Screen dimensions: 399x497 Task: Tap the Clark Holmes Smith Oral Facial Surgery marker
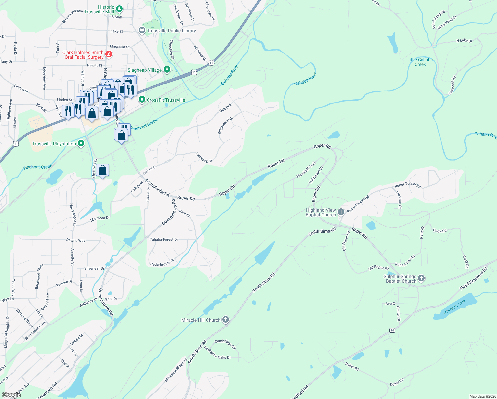tap(108, 54)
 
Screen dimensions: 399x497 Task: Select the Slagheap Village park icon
tap(167, 70)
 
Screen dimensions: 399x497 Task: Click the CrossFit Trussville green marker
tap(142, 100)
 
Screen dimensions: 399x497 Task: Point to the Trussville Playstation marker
tap(81, 143)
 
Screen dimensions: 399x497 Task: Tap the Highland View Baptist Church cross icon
tap(341, 212)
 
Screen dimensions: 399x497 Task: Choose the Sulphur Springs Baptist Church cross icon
tap(421, 278)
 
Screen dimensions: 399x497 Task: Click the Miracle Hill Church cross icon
tap(226, 320)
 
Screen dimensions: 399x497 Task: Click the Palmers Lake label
tap(455, 306)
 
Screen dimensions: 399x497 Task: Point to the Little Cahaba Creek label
tap(420, 62)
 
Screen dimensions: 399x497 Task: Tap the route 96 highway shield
tap(393, 330)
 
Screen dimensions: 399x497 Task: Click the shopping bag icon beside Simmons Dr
tap(103, 171)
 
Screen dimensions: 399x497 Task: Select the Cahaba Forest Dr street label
tap(164, 239)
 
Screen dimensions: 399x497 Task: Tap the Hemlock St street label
tap(204, 158)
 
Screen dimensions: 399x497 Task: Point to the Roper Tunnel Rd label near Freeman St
tap(408, 186)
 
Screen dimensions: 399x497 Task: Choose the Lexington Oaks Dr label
tap(217, 353)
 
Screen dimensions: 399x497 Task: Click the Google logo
tap(11, 395)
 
